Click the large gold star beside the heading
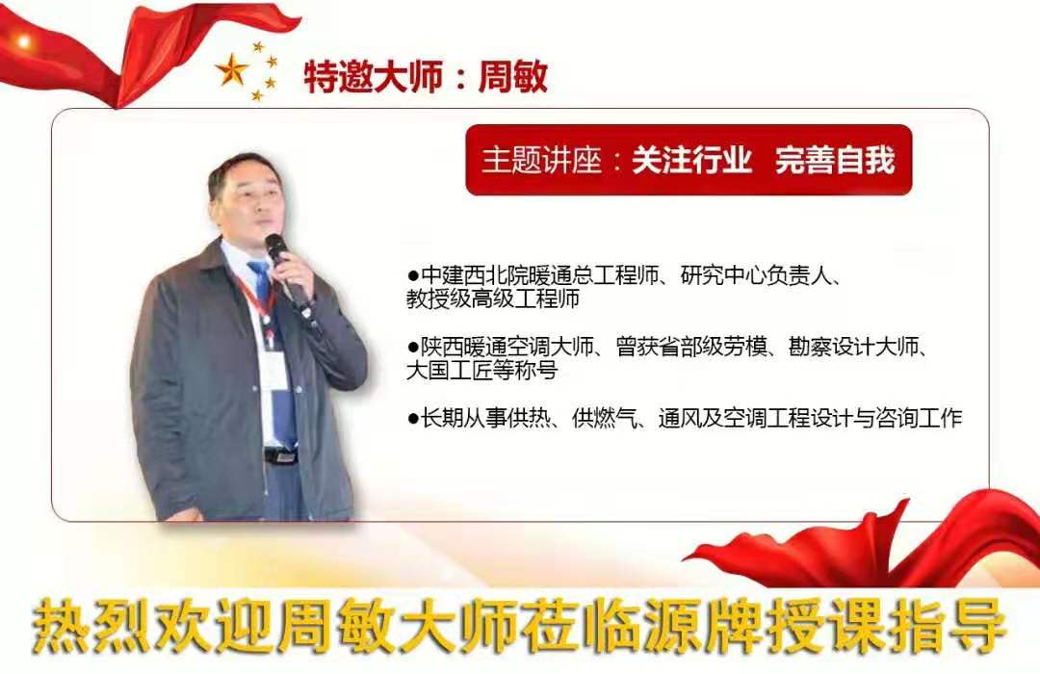(x=231, y=69)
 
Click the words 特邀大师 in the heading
(x=374, y=76)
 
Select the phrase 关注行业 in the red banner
(x=691, y=160)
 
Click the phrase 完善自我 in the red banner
(x=835, y=160)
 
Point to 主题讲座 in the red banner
(x=541, y=160)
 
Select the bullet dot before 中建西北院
(x=413, y=274)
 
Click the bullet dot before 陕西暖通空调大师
(x=413, y=347)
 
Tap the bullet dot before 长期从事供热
(x=413, y=418)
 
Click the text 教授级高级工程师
(x=493, y=298)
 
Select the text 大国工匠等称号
(x=482, y=370)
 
